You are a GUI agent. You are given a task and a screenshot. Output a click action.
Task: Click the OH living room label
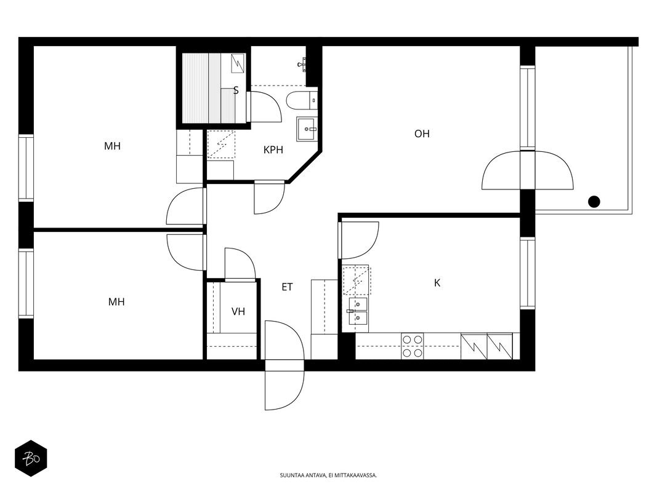point(422,134)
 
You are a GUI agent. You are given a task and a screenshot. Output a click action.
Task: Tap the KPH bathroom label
point(273,150)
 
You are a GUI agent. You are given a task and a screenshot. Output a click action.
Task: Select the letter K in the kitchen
point(437,284)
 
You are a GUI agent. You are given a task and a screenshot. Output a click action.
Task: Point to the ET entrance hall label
point(287,287)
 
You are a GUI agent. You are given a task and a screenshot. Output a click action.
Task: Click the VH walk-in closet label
point(238,311)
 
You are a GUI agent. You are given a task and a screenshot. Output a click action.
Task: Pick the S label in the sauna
point(236,90)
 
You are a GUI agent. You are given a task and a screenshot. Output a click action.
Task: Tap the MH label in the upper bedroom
point(112,146)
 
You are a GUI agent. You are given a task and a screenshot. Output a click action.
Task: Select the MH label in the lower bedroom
point(116,301)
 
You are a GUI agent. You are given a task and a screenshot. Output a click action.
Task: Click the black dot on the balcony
point(594,202)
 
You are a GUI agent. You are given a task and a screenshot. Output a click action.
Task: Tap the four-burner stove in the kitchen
point(413,346)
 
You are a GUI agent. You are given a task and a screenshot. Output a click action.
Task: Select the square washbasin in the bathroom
point(308,129)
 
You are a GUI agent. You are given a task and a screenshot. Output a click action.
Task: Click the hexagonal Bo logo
point(31,458)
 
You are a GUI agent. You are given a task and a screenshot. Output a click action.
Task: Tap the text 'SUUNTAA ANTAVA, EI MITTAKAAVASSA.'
point(328,475)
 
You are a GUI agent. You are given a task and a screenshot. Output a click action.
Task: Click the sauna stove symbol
point(238,63)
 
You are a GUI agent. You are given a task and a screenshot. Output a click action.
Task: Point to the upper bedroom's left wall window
point(26,168)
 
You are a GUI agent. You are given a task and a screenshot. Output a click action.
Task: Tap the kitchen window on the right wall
point(528,273)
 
